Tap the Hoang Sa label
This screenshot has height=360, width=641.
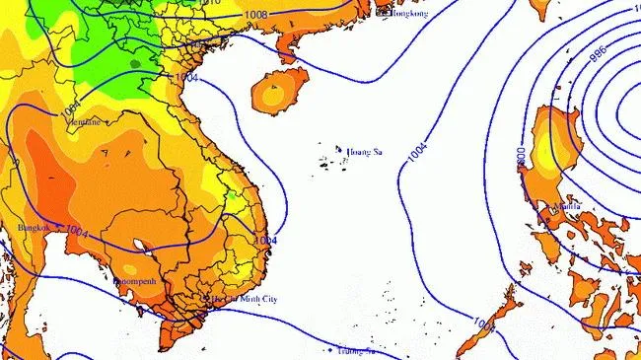tap(364, 152)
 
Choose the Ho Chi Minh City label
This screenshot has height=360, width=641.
tap(247, 298)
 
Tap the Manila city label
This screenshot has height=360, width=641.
tap(567, 207)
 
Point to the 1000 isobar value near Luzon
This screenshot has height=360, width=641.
tap(521, 159)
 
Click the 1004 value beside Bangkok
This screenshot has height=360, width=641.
tap(77, 232)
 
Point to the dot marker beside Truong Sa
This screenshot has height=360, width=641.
tap(329, 349)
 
